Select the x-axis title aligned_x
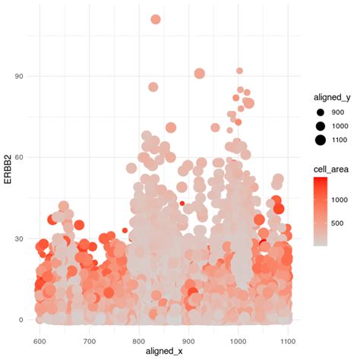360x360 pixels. point(164,352)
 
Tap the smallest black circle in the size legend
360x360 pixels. point(321,112)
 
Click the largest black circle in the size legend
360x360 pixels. point(321,139)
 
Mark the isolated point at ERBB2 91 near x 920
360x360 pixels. point(200,74)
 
